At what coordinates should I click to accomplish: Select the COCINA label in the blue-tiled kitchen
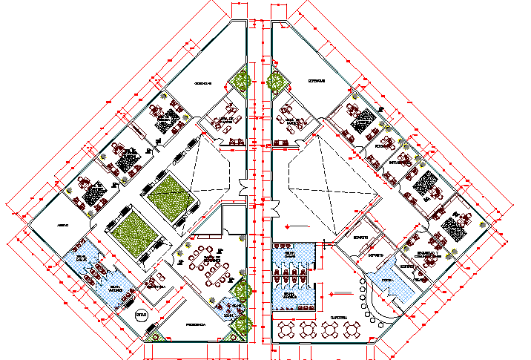389,280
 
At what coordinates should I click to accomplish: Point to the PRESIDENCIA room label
196,324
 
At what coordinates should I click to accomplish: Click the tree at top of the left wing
240,79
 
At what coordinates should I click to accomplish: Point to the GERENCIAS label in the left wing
204,83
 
